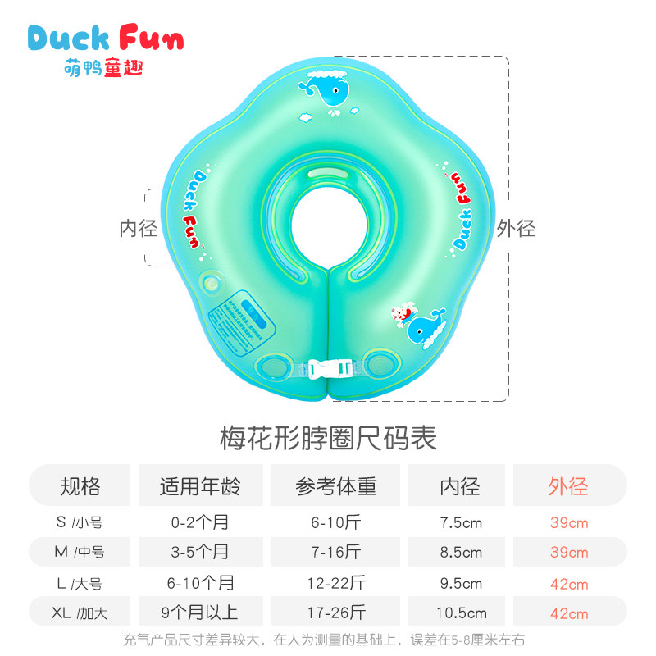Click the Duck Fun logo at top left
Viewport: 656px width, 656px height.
105,49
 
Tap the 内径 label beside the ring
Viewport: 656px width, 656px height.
139,228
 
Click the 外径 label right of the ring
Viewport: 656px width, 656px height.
516,228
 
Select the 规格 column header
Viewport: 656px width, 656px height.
80,486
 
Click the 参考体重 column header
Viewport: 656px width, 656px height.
336,486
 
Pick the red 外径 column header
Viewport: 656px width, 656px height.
568,486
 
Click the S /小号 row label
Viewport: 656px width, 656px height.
79,522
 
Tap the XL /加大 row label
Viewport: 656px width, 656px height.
79,613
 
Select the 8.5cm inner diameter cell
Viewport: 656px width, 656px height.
460,553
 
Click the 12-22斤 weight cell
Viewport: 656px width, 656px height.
336,583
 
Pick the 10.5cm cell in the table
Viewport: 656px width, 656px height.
460,613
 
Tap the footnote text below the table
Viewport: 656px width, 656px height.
328,640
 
